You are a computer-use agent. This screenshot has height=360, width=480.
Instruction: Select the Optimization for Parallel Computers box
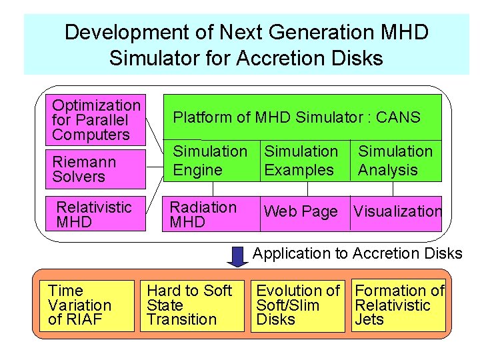coord(96,120)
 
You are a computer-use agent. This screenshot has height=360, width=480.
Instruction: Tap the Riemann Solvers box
coord(96,169)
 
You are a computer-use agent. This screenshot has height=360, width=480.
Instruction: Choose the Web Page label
coord(301,212)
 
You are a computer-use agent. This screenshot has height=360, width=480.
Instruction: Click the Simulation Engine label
coord(209,161)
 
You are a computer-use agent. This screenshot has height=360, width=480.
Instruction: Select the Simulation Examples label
coord(301,161)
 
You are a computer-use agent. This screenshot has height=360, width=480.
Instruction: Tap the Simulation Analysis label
coord(395,161)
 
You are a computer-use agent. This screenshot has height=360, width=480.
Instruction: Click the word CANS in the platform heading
coord(398,118)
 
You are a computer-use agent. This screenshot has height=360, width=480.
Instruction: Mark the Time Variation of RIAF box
coord(89,305)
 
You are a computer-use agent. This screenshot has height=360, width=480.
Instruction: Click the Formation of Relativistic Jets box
coord(399,305)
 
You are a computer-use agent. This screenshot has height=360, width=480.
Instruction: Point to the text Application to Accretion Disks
coord(357,253)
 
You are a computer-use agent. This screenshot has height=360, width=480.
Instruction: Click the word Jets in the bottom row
coord(369,319)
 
